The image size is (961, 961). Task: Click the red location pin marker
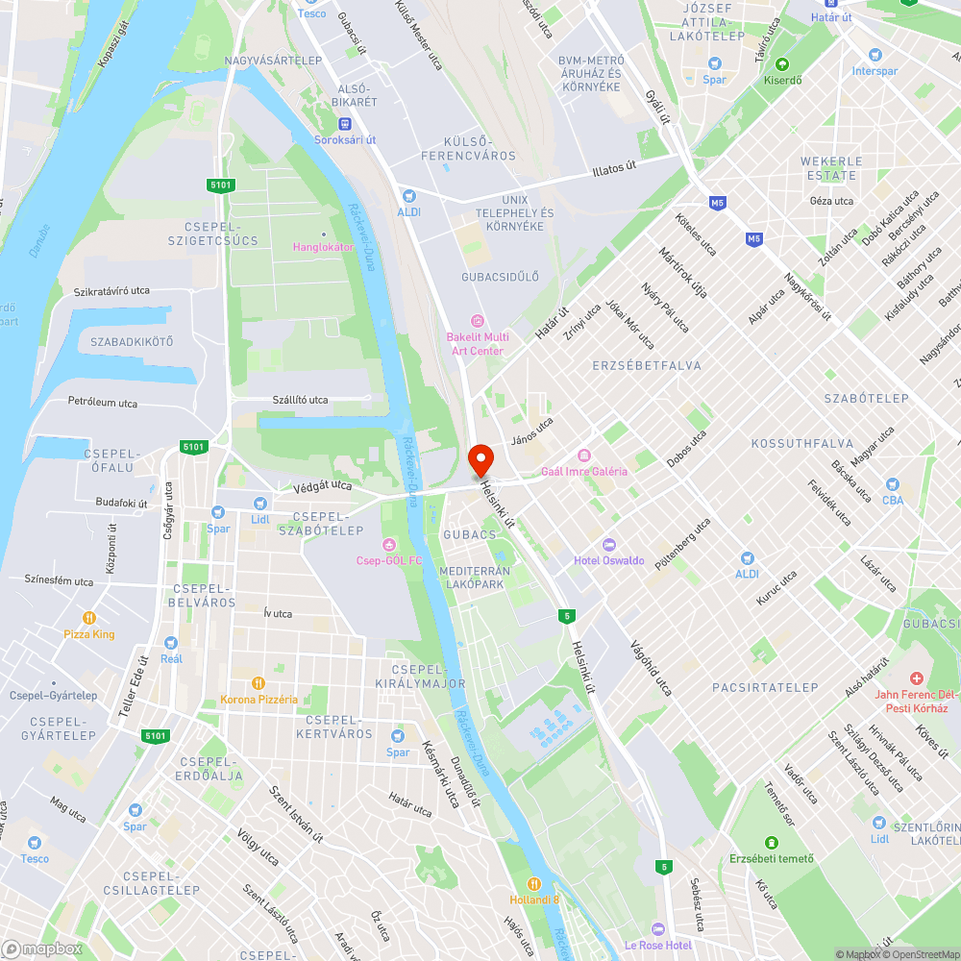tap(480, 460)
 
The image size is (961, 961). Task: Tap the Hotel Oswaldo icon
tap(608, 546)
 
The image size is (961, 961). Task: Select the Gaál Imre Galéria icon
tap(583, 456)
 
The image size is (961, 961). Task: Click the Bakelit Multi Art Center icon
tap(478, 321)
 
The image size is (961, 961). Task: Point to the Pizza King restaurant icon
tap(89, 619)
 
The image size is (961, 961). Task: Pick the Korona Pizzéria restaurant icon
tap(259, 683)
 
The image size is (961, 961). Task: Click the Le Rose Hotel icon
tap(657, 929)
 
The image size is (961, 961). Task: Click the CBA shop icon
tap(893, 484)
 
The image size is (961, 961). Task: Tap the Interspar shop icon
tap(874, 55)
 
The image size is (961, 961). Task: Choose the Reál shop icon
tap(171, 642)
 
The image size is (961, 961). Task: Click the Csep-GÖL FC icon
tap(389, 546)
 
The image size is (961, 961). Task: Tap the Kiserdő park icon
tap(782, 65)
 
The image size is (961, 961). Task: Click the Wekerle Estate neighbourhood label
tap(831, 168)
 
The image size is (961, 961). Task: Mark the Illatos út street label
tap(614, 170)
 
